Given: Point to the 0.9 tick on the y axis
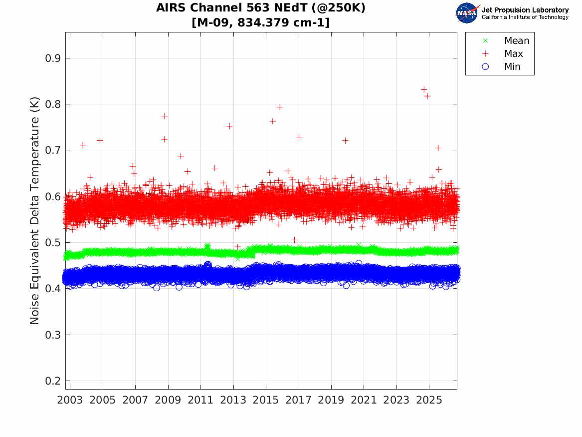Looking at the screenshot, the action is point(53,58).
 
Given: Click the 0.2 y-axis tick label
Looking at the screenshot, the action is point(53,381).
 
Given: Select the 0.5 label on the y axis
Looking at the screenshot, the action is point(53,243).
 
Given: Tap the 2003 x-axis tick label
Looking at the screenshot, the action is point(70,400).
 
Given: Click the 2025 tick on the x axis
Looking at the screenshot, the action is point(429,400).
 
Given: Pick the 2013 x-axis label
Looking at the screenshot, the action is point(233,400).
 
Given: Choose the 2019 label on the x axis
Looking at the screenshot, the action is point(331,400).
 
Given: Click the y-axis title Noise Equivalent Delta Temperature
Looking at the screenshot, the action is point(34,211).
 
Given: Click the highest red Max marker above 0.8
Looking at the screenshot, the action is point(424,89).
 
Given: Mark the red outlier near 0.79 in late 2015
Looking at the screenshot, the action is point(280,107).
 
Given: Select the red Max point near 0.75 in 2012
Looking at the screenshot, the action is point(229,126).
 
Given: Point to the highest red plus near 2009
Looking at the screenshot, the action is point(165,116).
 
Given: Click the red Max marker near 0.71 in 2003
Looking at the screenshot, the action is point(83,145).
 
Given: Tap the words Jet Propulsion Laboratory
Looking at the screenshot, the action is point(525,10).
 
